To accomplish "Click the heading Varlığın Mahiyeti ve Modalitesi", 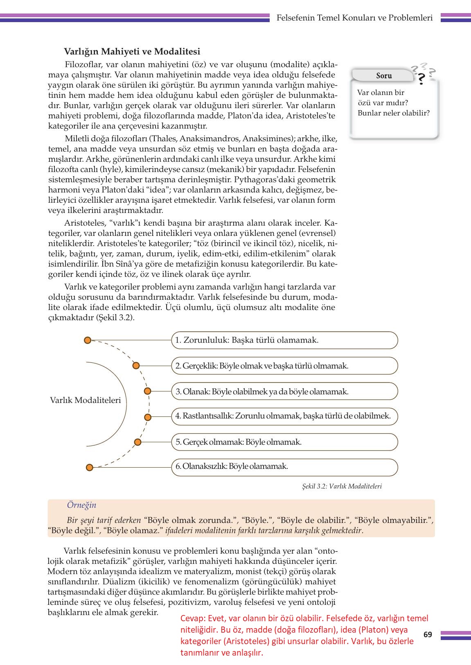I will (x=132, y=52).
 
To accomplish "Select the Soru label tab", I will (x=384, y=76).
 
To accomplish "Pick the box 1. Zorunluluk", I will (x=284, y=340).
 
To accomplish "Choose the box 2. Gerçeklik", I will (x=284, y=366).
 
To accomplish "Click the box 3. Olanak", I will (x=284, y=391).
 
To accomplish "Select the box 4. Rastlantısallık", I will (x=284, y=416).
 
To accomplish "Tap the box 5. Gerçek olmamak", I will (x=284, y=442).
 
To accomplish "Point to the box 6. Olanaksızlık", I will (x=284, y=467).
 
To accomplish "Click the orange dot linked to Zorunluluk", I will (x=87, y=340).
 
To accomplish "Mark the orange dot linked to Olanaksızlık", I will (x=89, y=468).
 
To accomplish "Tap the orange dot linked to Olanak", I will (x=148, y=391).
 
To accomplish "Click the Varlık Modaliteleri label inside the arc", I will (x=86, y=400).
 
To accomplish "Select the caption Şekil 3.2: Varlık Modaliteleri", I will (x=341, y=486).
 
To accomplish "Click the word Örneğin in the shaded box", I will (x=81, y=505).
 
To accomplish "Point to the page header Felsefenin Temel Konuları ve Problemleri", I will (x=354, y=18).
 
